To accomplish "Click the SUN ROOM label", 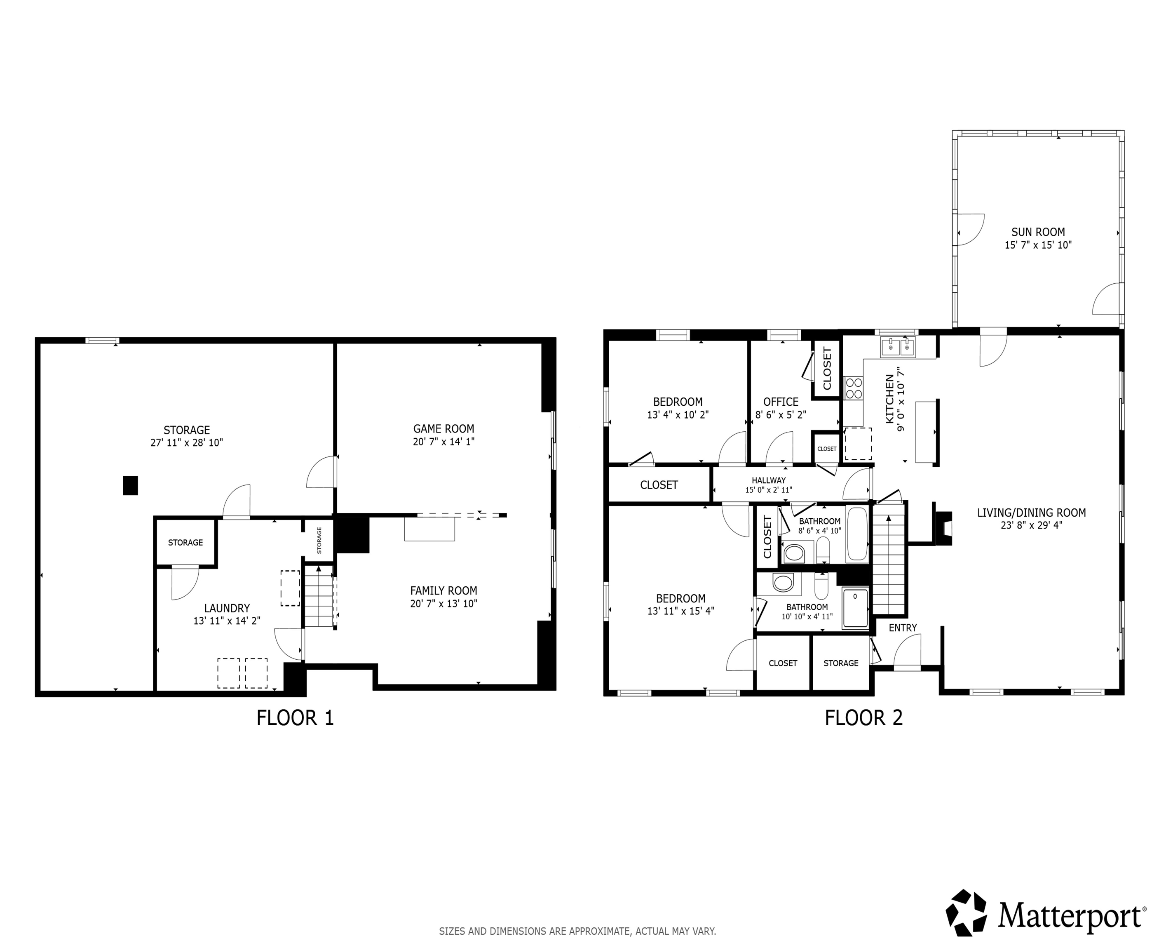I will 1037,232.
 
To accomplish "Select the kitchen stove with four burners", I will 853,388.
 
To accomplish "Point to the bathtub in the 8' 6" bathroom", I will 856,534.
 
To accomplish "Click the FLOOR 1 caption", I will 295,718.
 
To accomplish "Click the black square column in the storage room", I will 130,485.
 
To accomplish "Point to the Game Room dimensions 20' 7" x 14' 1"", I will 443,442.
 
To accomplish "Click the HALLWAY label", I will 768,480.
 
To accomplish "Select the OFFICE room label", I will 781,402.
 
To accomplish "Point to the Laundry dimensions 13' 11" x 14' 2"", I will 226,621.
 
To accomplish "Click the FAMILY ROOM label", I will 443,590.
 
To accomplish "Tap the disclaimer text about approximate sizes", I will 577,931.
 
